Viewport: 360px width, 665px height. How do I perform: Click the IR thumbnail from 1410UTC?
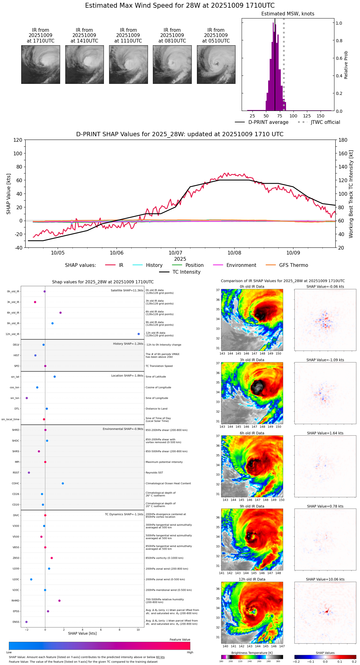84,64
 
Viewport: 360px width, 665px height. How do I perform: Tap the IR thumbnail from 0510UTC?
216,64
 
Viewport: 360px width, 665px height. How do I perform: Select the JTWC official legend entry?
325,122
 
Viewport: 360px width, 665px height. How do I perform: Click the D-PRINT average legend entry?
268,122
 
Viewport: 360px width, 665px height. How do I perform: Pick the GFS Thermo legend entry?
293,265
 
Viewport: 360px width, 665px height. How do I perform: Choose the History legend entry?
154,265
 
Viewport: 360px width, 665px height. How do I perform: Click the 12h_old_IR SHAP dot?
139,334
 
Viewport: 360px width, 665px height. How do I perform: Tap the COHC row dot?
63,483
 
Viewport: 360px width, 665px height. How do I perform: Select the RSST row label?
16,473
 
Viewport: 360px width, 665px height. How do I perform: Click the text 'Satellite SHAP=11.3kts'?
127,291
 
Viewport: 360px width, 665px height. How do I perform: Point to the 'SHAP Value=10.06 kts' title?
325,579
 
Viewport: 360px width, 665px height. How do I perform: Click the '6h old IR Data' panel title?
252,433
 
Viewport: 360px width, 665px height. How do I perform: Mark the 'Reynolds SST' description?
154,473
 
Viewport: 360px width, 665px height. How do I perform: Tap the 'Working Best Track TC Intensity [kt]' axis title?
351,194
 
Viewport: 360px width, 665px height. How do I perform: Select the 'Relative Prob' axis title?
346,65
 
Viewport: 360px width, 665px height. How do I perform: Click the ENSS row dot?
26,622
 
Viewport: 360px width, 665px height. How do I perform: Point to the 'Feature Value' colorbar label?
180,640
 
